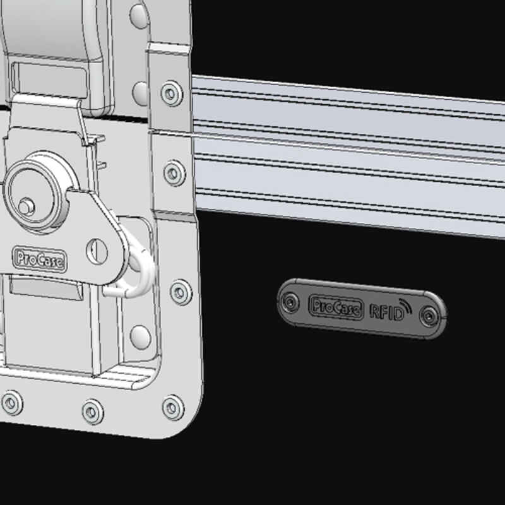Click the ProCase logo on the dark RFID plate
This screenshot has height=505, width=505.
tap(336, 307)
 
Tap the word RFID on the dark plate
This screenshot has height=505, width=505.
tap(386, 311)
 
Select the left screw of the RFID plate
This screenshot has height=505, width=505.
tap(290, 304)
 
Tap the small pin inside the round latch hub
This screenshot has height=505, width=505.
tap(25, 205)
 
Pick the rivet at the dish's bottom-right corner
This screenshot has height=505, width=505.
tap(172, 407)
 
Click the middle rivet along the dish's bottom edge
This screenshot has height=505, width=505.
tap(93, 412)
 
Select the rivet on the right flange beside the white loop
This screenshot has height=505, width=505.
tap(181, 292)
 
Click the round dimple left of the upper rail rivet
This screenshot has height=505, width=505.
tap(141, 93)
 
